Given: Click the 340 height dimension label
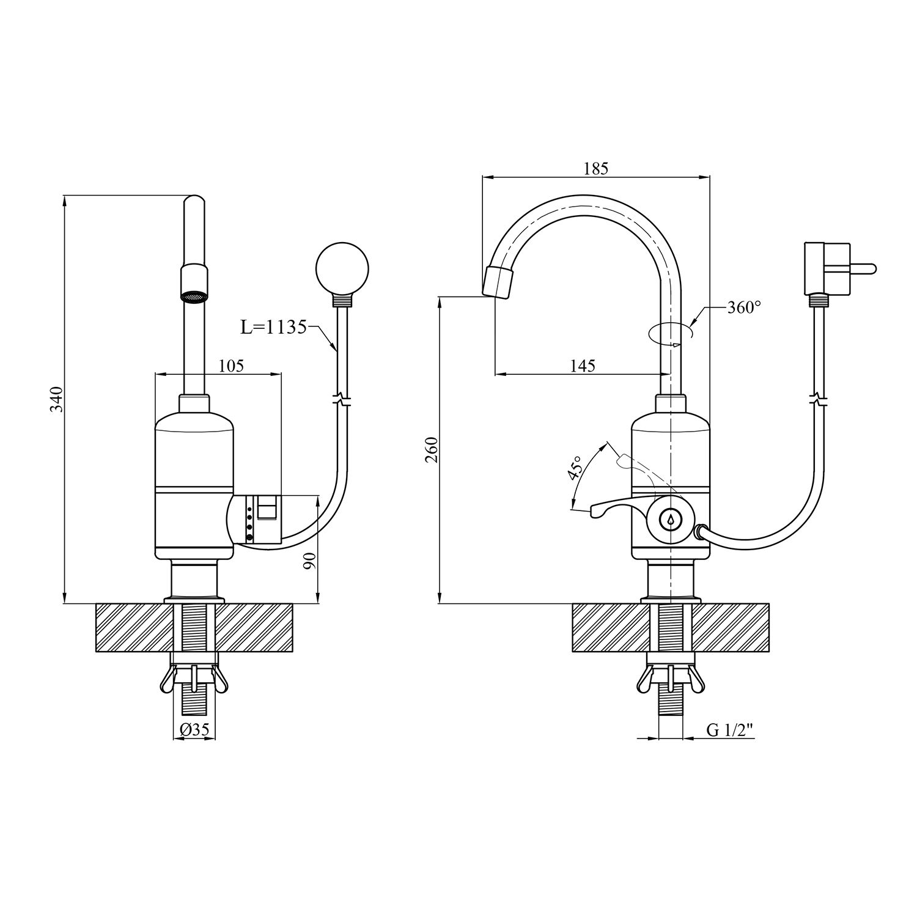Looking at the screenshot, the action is point(56,399).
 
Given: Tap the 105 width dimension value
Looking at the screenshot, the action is point(231,366).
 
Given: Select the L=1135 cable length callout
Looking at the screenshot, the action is point(273,328).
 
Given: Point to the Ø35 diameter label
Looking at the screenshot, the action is point(195,729).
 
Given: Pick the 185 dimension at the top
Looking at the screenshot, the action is point(596,169).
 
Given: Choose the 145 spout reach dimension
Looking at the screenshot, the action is point(582,366).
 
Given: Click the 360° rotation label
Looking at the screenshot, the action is point(745,308).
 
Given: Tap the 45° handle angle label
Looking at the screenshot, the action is point(575,468).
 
